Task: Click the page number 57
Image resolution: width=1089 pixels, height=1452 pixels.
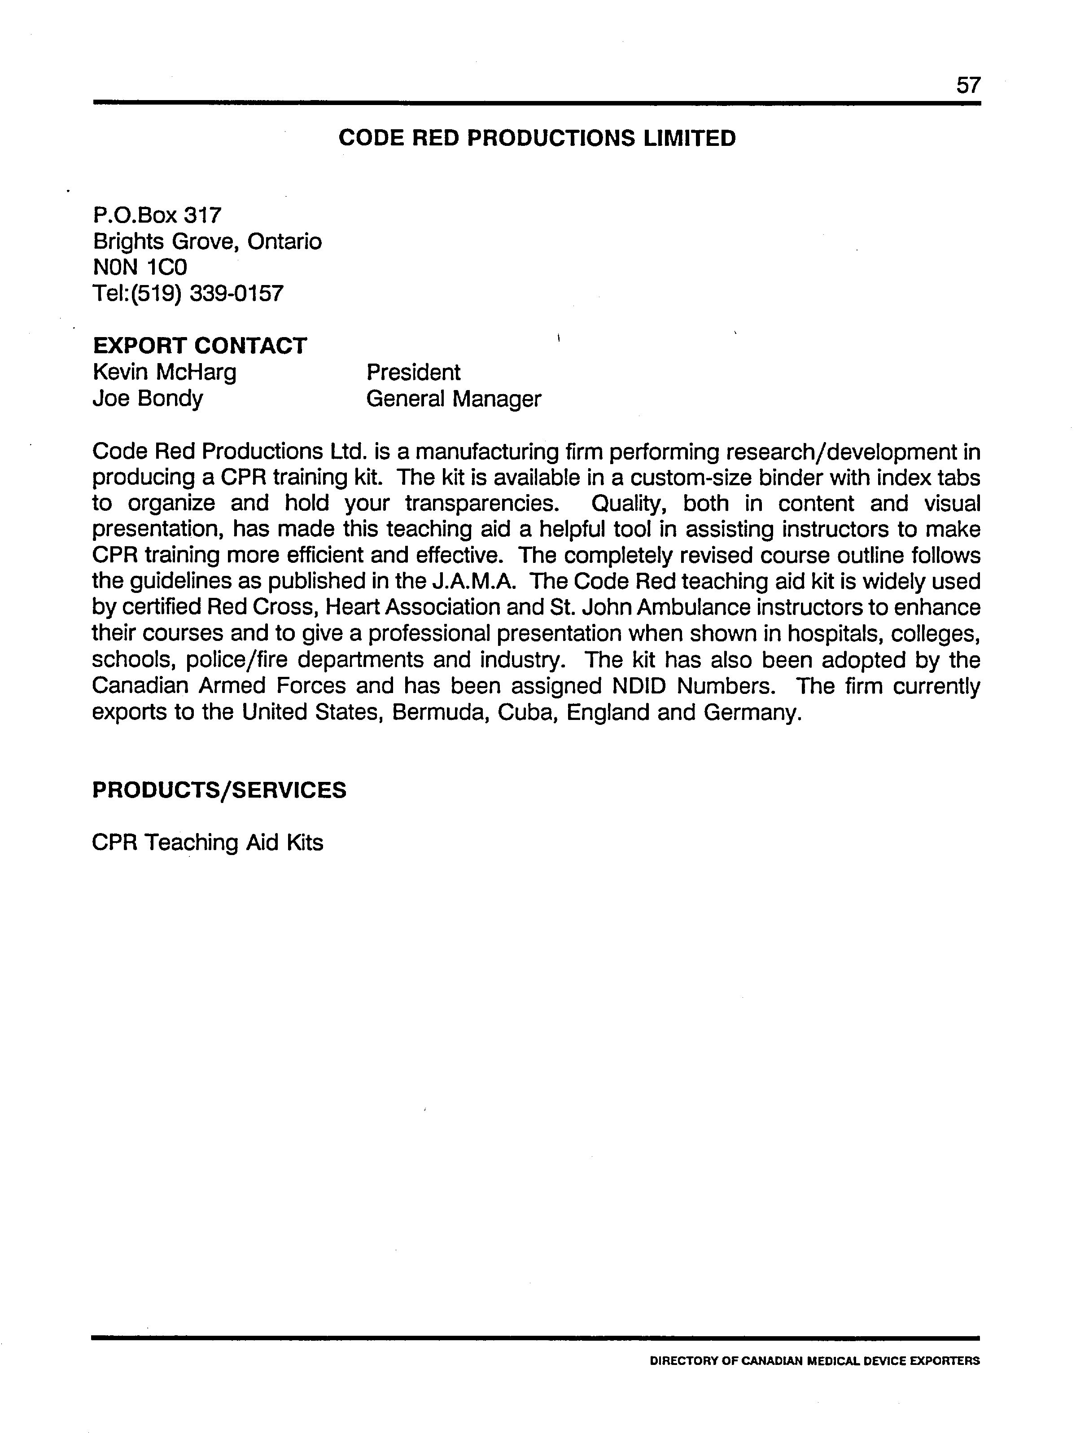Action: pyautogui.click(x=968, y=85)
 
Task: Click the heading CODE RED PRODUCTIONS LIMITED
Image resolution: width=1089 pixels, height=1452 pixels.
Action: pyautogui.click(x=537, y=139)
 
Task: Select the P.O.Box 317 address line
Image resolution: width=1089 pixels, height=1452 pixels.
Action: pyautogui.click(x=157, y=215)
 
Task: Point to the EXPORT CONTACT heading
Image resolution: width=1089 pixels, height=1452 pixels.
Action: pyautogui.click(x=199, y=346)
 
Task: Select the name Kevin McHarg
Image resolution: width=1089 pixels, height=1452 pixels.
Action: pyautogui.click(x=164, y=372)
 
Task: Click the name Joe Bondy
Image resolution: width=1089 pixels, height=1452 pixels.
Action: pyautogui.click(x=148, y=399)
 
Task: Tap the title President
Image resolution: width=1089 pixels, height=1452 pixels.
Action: pyautogui.click(x=413, y=372)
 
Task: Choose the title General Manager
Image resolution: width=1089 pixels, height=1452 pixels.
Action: pyautogui.click(x=453, y=399)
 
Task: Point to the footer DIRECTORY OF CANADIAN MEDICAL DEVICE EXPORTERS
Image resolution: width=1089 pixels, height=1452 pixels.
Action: pyautogui.click(x=814, y=1361)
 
